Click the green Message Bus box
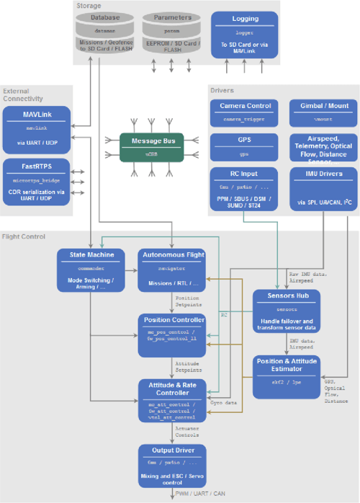pyautogui.click(x=153, y=146)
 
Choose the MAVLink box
pyautogui.click(x=37, y=128)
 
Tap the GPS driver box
pyautogui.click(x=245, y=147)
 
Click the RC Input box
pyautogui.click(x=245, y=190)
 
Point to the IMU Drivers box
pyautogui.click(x=320, y=190)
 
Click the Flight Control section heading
pyautogui.click(x=24, y=236)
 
